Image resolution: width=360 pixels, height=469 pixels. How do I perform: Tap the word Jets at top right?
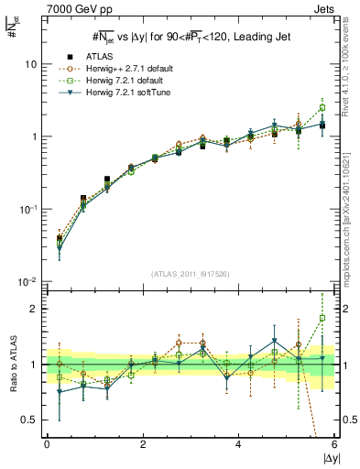click(x=325, y=7)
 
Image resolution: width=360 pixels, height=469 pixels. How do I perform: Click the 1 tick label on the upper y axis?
click(x=33, y=137)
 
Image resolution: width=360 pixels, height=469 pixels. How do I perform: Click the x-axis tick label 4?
click(x=239, y=445)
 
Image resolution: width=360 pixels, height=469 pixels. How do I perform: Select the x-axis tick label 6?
click(x=334, y=445)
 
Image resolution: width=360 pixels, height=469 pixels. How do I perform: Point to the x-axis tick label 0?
click(x=47, y=445)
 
